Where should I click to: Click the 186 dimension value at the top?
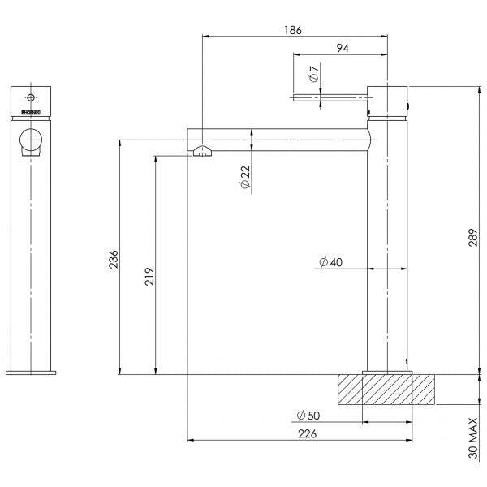point(293,30)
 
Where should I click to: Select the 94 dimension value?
point(343,49)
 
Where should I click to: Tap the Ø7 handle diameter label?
point(313,77)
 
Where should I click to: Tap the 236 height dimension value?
point(114,259)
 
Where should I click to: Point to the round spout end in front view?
point(32,140)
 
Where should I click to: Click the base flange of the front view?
point(32,373)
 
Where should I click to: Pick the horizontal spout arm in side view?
point(276,135)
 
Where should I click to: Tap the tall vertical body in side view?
point(386,243)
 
